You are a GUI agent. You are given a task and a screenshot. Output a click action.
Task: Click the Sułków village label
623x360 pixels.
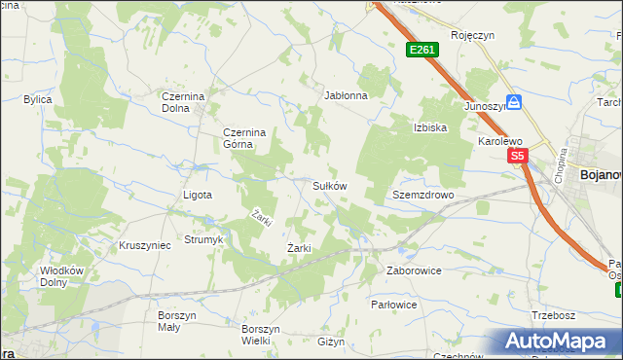coord(329,185)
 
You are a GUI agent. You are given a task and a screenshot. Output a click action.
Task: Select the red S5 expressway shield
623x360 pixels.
coord(516,156)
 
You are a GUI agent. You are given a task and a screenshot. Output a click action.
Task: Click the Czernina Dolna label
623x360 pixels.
coord(186,103)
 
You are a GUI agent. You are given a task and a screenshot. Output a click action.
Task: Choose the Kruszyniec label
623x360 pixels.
coord(144,245)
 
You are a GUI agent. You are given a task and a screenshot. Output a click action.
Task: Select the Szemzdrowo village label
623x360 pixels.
coord(423,195)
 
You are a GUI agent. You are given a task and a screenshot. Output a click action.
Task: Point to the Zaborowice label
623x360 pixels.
coord(415,270)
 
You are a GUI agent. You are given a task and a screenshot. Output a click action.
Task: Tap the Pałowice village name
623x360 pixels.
coord(394,305)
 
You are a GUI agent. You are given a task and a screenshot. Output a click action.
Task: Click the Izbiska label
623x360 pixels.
coord(429,127)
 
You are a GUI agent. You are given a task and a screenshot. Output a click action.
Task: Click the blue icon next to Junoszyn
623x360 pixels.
coord(514,102)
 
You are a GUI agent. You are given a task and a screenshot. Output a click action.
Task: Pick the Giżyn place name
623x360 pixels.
coord(331,342)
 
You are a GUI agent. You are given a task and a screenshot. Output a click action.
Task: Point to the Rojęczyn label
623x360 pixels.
coord(473,35)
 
